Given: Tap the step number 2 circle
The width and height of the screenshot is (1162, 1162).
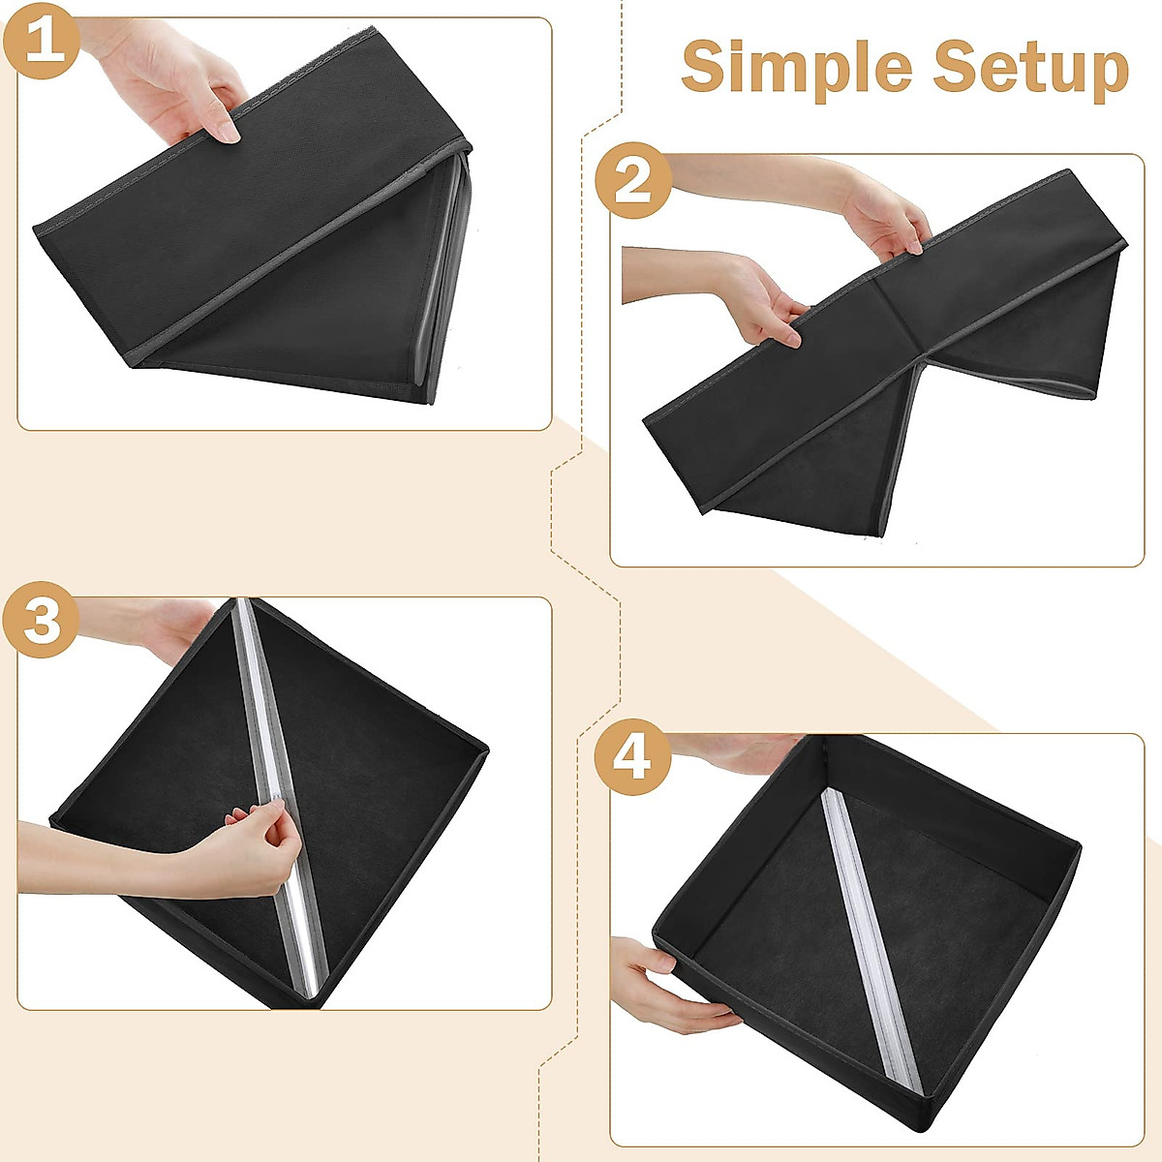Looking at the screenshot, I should [632, 181].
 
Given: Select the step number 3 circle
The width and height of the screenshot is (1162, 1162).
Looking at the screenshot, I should [41, 620].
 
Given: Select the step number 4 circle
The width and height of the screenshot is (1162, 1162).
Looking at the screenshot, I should [632, 757].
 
